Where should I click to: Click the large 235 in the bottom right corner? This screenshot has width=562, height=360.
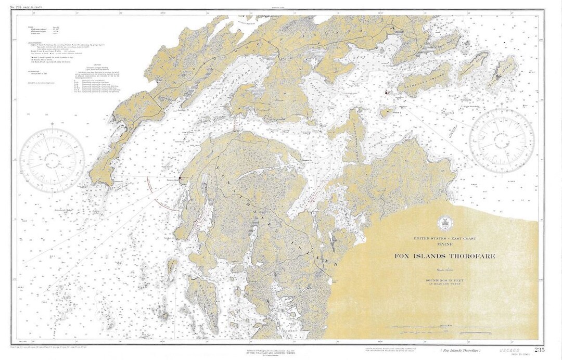point(539,350)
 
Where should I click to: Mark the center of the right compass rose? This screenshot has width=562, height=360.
point(502,139)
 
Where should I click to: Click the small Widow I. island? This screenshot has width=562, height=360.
point(386,112)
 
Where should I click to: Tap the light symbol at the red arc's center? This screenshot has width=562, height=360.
point(180,178)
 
